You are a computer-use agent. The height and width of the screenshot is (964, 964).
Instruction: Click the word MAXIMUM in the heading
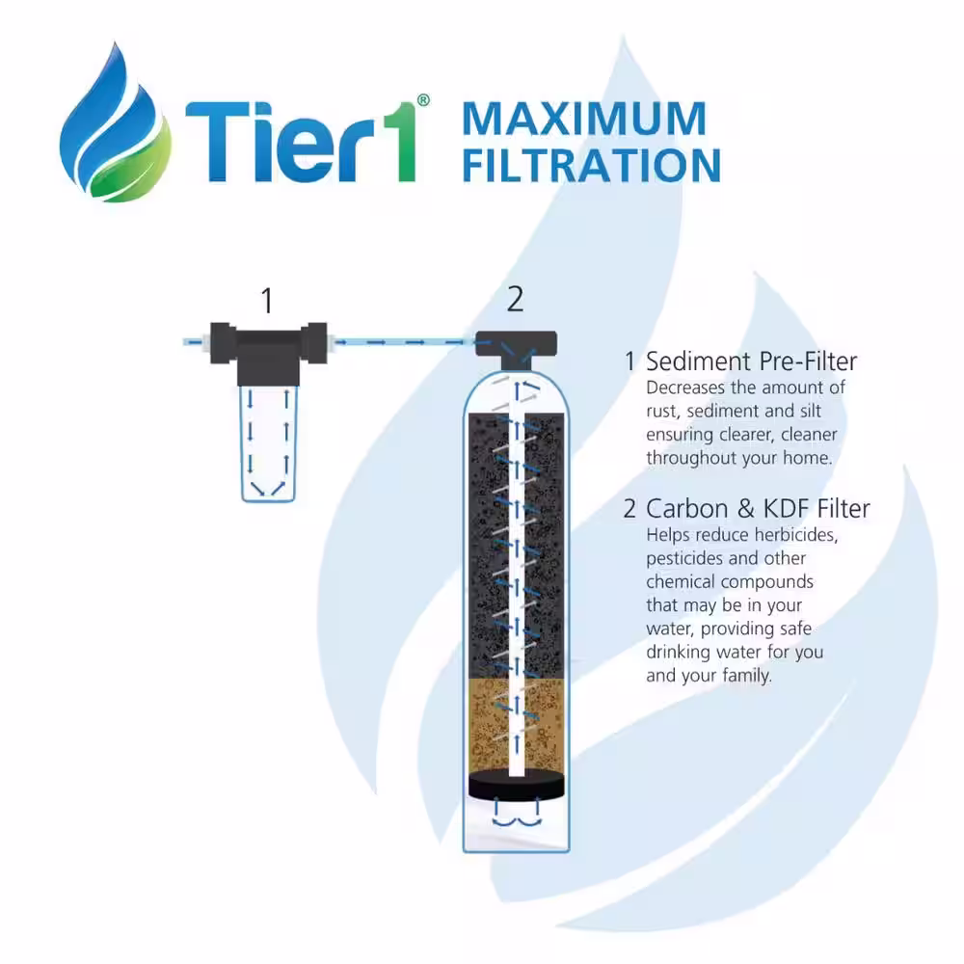click(584, 119)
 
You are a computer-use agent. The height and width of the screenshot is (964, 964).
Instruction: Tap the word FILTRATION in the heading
click(592, 166)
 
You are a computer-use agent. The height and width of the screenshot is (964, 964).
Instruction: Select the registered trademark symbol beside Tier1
click(423, 100)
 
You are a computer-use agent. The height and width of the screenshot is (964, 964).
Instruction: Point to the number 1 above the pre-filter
click(267, 301)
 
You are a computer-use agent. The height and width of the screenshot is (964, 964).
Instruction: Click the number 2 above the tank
click(515, 300)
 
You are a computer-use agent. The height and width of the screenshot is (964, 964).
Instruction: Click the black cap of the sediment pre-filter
click(269, 352)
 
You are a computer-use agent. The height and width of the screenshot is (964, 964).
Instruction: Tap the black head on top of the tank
click(517, 350)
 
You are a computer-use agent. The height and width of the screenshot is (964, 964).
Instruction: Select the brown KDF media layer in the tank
click(517, 726)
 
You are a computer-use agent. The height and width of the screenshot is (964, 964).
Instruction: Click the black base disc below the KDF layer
click(517, 785)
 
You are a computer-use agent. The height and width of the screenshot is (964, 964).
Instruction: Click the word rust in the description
click(661, 412)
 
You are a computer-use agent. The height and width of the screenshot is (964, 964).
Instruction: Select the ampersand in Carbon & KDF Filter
click(746, 509)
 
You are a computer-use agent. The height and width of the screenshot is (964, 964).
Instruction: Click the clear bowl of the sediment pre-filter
click(269, 443)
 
